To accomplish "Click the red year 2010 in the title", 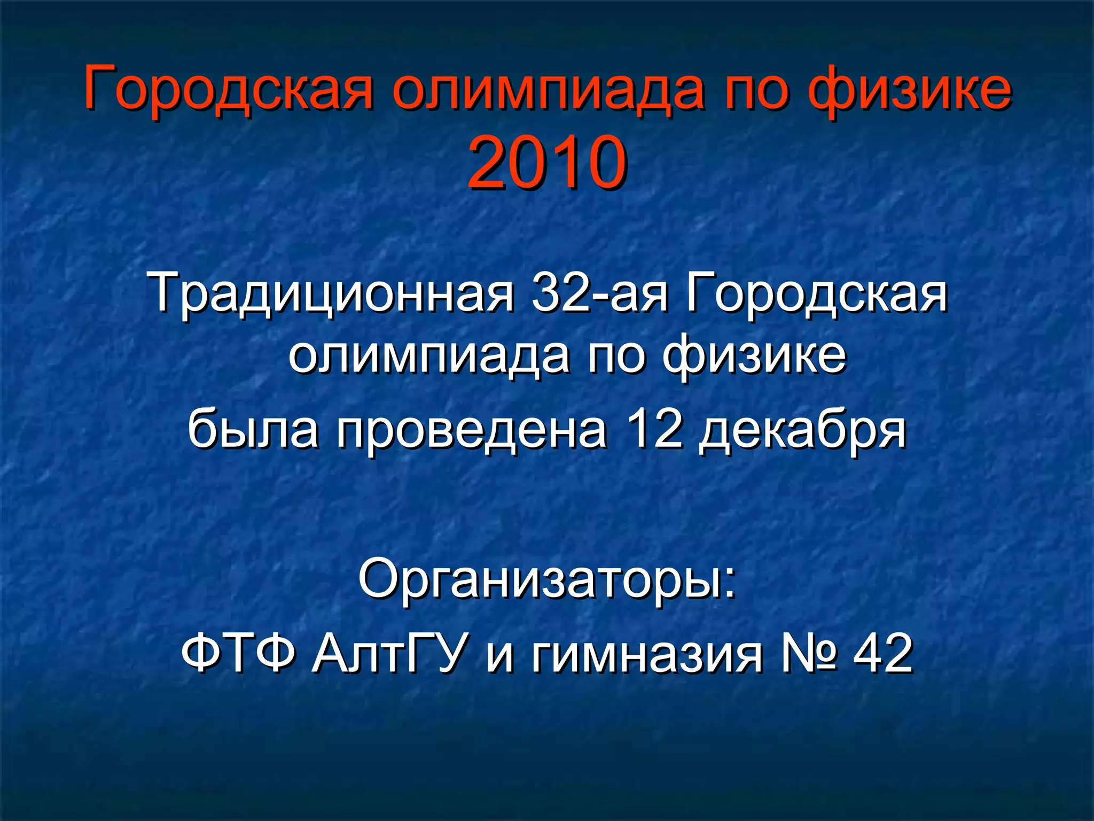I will pos(547,162).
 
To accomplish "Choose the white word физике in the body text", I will pos(754,355).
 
